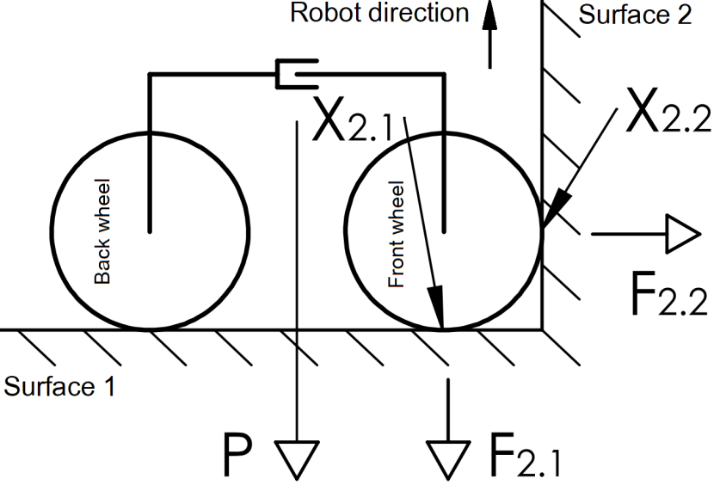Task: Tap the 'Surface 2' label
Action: click(634, 15)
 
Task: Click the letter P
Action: click(238, 456)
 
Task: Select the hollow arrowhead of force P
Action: click(297, 457)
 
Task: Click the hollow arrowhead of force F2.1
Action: click(448, 457)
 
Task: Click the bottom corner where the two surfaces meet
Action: click(542, 328)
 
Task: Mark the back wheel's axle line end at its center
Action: click(150, 230)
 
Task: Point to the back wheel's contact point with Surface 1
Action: click(150, 328)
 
